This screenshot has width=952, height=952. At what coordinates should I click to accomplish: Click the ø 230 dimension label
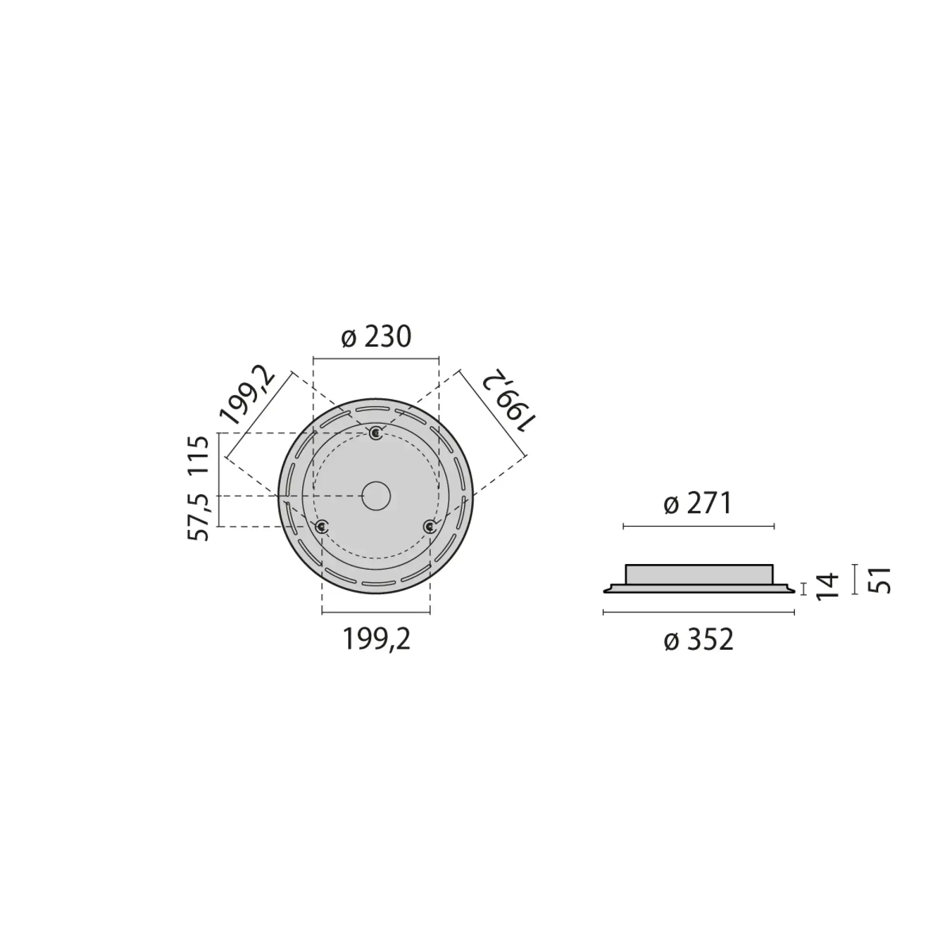click(376, 337)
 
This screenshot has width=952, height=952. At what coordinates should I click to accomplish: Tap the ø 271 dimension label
click(698, 504)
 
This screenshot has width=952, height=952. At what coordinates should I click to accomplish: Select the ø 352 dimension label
click(698, 640)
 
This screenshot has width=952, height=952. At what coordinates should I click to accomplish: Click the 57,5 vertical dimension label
click(199, 517)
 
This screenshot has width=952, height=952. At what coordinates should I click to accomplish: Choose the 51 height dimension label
click(880, 580)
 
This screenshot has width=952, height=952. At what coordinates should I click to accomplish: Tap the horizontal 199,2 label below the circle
click(376, 640)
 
